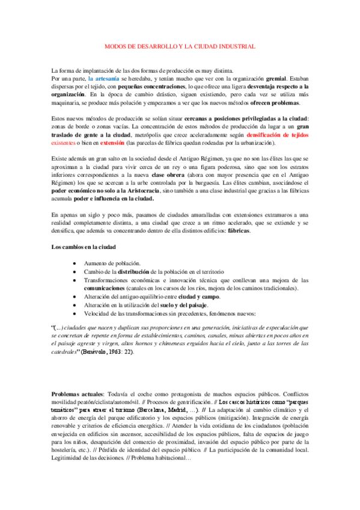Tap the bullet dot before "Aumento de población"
[73, 264]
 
